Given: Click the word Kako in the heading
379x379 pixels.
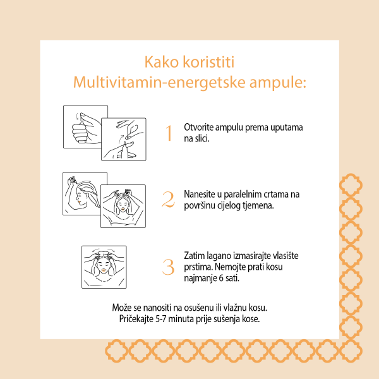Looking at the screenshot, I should pos(161,63).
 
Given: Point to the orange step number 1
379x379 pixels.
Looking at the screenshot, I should pos(169,133).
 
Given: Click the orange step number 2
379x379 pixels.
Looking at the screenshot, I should pos(168,200).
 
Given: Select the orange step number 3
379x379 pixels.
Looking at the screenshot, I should pos(168,267).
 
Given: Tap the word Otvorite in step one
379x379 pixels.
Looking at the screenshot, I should pos(198,127).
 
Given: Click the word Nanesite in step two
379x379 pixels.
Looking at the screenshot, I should pos(200,194).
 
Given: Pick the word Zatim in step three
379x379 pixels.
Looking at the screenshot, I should pos(194,255).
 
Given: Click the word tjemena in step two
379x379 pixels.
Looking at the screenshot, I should pos(259,205).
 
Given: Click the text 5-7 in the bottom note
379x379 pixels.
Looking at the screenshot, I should pos(164,318).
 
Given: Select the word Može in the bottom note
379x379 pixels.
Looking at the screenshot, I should pos(122,307).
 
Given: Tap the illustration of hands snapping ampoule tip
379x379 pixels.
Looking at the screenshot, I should pos(123,139).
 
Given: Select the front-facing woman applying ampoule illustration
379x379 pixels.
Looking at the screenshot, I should pos(123,206).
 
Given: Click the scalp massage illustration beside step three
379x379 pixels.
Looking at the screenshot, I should pos(104,267).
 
